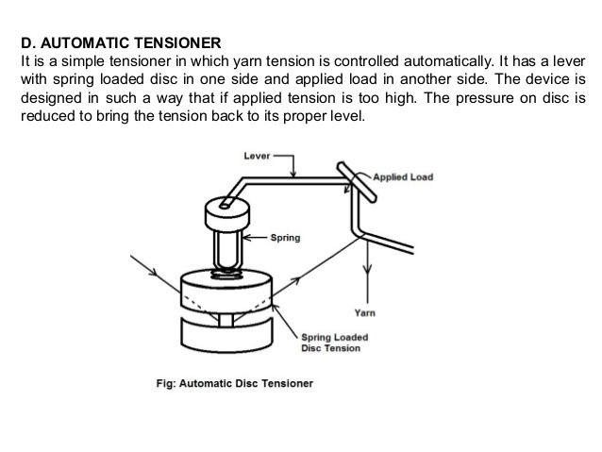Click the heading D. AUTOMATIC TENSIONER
click(x=121, y=42)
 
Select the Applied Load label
click(x=403, y=177)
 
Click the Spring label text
click(x=285, y=238)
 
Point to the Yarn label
click(x=364, y=312)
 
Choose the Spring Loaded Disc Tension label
click(x=334, y=343)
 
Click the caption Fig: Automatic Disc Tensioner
click(x=233, y=384)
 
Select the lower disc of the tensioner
click(x=226, y=336)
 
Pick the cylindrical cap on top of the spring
click(x=226, y=217)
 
